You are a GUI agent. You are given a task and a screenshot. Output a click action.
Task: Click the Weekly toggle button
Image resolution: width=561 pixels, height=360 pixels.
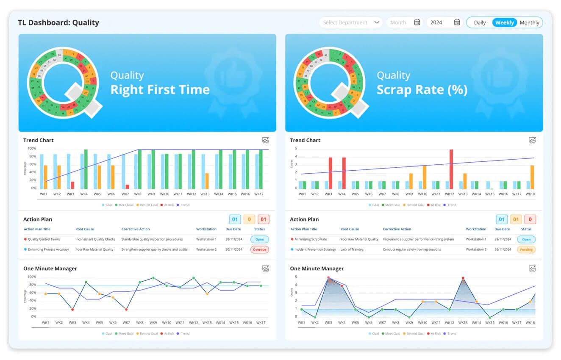[x=504, y=22]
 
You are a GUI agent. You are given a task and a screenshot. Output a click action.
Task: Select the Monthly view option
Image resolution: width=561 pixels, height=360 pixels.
[x=529, y=22]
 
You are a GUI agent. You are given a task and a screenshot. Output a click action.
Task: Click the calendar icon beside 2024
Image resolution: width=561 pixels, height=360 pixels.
[x=457, y=22]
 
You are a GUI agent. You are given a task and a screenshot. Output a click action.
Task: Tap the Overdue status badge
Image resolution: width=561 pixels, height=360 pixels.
[x=259, y=249]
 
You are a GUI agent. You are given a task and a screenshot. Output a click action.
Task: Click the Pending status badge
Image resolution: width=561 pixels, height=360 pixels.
[x=526, y=249]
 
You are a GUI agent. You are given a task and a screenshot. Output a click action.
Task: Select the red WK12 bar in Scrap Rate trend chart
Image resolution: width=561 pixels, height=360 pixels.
[x=451, y=169]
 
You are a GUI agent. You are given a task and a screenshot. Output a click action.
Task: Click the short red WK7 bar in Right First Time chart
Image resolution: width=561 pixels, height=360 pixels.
[x=127, y=186]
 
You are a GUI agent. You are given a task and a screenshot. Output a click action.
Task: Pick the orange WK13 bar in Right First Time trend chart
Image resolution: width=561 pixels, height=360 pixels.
[x=207, y=181]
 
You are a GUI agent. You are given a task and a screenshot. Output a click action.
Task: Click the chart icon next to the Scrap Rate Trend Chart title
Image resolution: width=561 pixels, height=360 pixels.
[x=532, y=140]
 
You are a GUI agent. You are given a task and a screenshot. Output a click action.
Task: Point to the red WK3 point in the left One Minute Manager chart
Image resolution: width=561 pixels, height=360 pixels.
[x=72, y=310]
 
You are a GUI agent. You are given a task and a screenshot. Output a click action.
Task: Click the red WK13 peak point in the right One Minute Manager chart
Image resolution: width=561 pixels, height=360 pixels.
[x=463, y=278]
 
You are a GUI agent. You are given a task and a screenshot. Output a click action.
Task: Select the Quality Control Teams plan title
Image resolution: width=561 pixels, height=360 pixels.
[x=44, y=239]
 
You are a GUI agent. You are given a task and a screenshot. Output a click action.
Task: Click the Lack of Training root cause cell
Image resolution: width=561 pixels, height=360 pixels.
[x=352, y=249]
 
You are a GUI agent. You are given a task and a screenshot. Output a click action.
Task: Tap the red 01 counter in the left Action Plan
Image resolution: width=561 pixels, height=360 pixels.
[x=263, y=219]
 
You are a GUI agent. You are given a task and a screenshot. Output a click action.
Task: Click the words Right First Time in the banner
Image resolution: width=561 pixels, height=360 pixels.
[x=160, y=89]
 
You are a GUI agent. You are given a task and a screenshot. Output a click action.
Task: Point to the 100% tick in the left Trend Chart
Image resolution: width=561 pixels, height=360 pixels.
[x=32, y=149]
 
